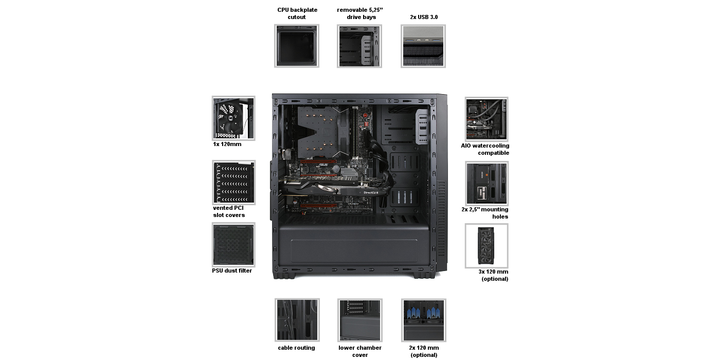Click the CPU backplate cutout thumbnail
coord(296,46)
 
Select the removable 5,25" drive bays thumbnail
coord(359,46)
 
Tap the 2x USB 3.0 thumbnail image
coord(423,46)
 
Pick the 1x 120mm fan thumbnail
coord(233,118)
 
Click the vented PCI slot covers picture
coord(233,182)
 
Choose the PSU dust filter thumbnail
coord(233,245)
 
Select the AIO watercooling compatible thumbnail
coord(487,119)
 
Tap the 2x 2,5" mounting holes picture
coord(487,183)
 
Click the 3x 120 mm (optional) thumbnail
coord(487,246)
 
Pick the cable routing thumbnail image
coord(297,320)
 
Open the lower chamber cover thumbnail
coord(359,320)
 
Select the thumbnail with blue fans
coord(424,320)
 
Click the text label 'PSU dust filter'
coord(232,271)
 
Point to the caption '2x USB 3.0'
coord(424,17)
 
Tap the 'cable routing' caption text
coord(296,348)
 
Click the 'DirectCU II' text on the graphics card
coord(371,192)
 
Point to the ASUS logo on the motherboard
coord(323,165)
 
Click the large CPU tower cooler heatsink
coord(321,133)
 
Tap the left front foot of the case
coord(284,276)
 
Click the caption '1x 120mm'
coord(227,145)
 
